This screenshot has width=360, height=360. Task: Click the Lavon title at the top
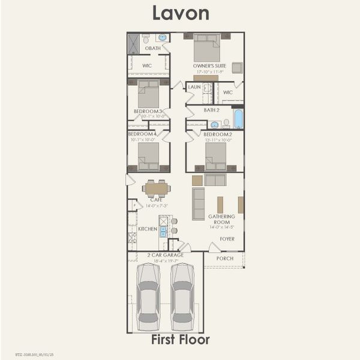180,13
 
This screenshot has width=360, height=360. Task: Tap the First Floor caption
181,340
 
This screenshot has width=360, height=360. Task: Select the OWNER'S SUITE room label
208,66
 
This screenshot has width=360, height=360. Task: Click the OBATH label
152,49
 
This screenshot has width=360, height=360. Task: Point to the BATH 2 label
212,110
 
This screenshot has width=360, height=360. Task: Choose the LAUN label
194,87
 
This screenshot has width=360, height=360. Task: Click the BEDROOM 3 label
148,111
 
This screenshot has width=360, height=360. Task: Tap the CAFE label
148,200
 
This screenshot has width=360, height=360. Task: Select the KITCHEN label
148,229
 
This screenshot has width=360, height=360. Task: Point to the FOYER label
227,239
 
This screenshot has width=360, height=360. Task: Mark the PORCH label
225,259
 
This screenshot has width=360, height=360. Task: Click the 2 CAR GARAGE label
165,255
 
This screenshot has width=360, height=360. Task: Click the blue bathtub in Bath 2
238,119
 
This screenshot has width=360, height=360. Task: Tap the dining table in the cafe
157,188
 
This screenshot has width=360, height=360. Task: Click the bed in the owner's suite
207,48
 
